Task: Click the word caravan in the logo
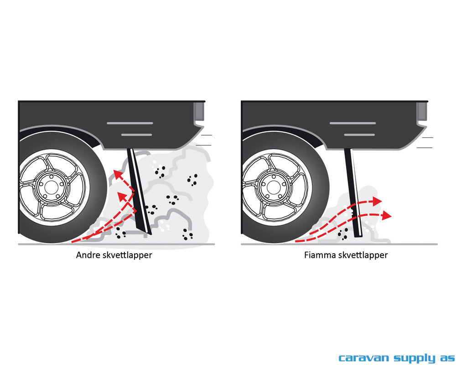pyautogui.click(x=363, y=358)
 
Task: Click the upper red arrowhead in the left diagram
pyautogui.click(x=118, y=174)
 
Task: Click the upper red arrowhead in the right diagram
pyautogui.click(x=377, y=201)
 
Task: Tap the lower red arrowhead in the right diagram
pyautogui.click(x=387, y=215)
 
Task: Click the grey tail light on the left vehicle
pyautogui.click(x=199, y=111)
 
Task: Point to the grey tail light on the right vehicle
pyautogui.click(x=421, y=111)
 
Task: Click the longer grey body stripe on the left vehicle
pyautogui.click(x=130, y=123)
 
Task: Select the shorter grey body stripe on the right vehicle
pyautogui.click(x=359, y=135)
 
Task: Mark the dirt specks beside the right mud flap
pyautogui.click(x=343, y=234)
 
